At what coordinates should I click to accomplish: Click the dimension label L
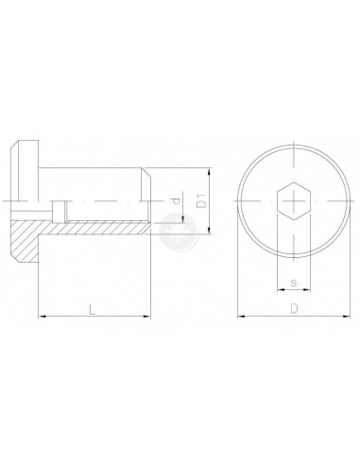click(92, 309)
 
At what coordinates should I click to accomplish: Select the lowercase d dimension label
click(177, 200)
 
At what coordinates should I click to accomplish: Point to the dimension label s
click(294, 283)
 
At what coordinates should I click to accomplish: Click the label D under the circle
click(294, 308)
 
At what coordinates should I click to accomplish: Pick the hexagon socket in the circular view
click(294, 200)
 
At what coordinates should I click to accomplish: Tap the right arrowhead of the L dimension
click(146, 316)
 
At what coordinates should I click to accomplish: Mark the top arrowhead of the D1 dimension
click(210, 172)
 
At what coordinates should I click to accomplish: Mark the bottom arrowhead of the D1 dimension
click(210, 230)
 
